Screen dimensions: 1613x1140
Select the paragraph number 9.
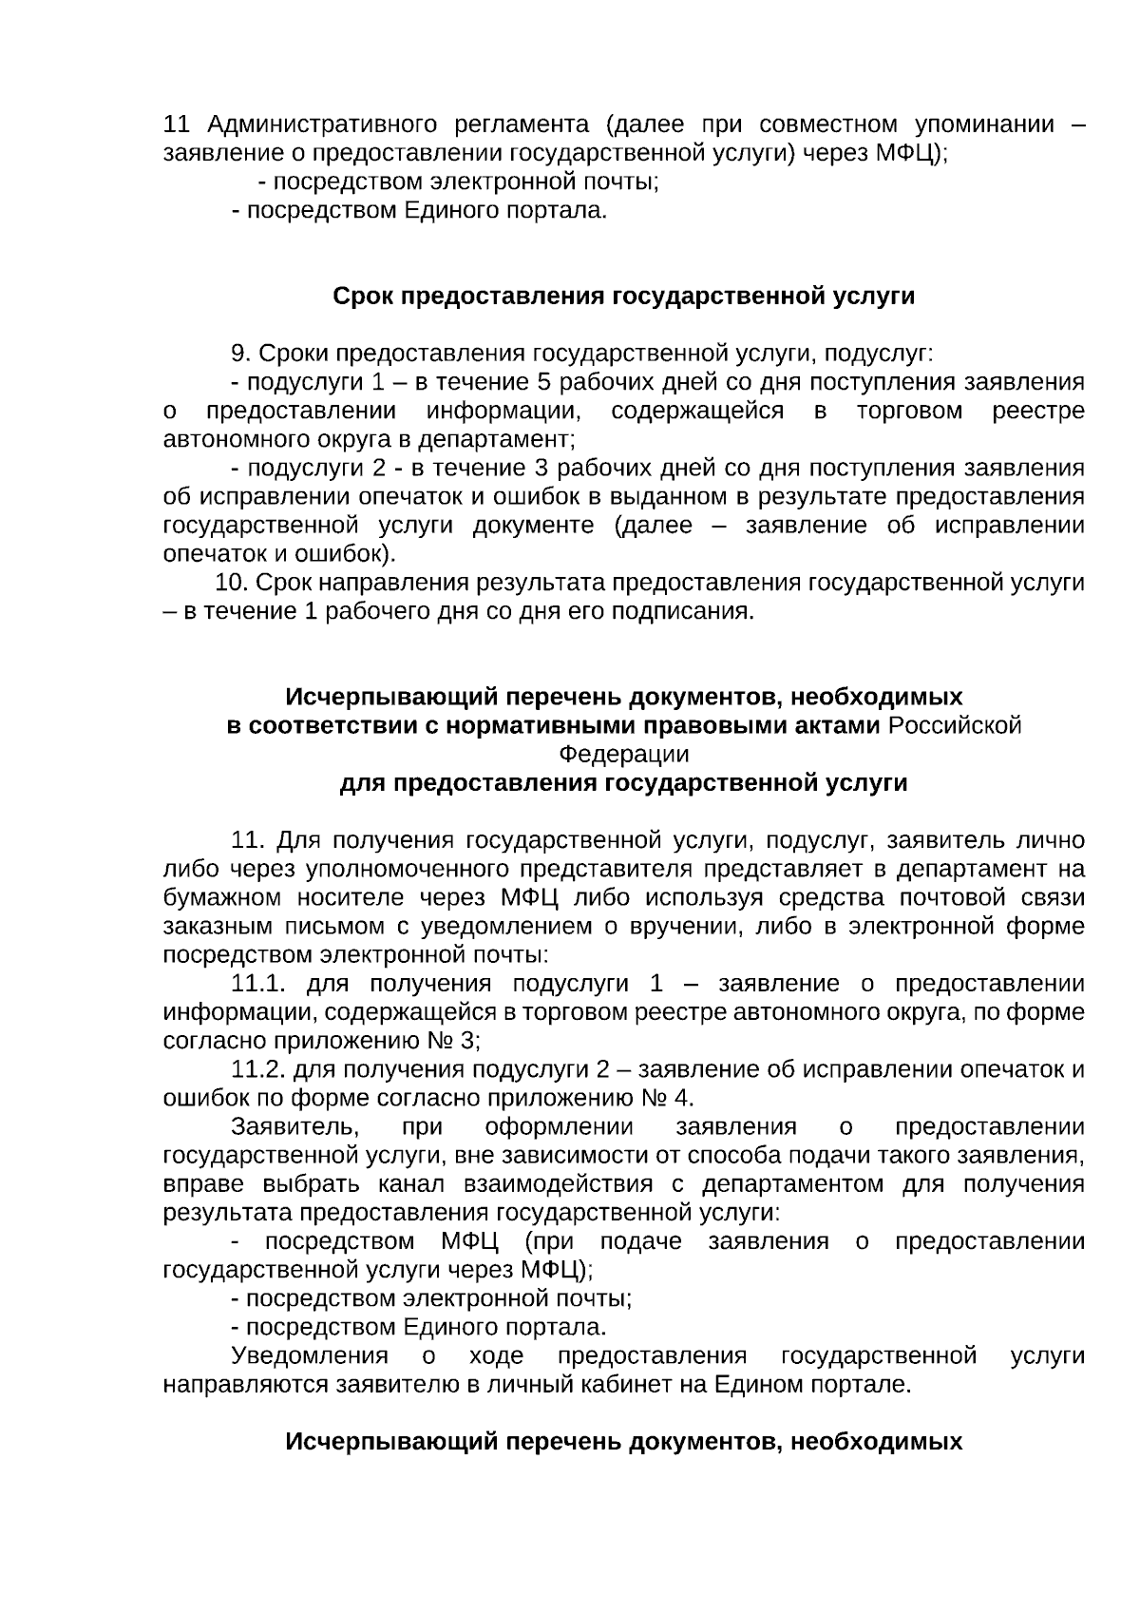(239, 354)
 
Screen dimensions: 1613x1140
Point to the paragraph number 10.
(232, 583)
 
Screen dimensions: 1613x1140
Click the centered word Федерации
(623, 755)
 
